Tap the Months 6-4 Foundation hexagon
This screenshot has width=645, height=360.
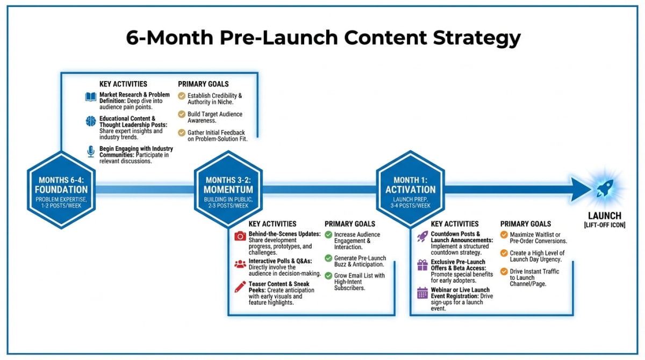(x=61, y=190)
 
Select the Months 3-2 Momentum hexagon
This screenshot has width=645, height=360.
(x=228, y=190)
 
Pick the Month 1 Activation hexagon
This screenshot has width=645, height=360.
(x=410, y=190)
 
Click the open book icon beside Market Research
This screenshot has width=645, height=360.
(x=91, y=97)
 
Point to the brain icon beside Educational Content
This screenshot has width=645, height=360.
(x=91, y=121)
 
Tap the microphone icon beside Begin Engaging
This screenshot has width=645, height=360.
(x=91, y=152)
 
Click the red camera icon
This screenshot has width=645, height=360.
(x=240, y=236)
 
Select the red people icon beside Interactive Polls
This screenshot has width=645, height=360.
(x=240, y=264)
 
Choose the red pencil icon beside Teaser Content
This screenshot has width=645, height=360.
(x=240, y=286)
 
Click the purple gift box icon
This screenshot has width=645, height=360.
(x=422, y=264)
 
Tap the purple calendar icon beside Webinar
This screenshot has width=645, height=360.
(x=422, y=293)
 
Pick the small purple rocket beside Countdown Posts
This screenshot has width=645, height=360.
(x=422, y=236)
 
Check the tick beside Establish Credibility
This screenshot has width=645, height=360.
(x=182, y=96)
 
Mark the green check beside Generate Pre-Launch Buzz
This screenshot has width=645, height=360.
(x=328, y=258)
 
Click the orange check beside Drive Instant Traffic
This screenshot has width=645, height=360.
(x=504, y=271)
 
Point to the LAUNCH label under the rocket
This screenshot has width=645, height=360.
(x=604, y=216)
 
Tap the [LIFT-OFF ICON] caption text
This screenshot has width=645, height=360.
(x=604, y=225)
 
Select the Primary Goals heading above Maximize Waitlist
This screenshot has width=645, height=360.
(x=526, y=224)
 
